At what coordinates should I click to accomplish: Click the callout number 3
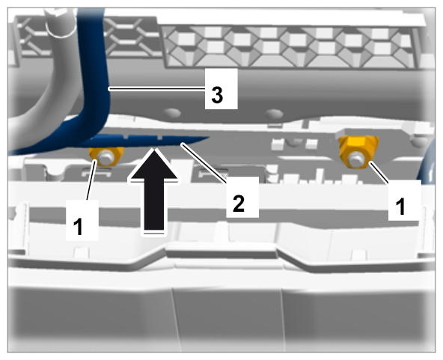point(217,95)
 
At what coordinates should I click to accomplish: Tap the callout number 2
point(239,204)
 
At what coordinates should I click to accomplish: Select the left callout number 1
point(79,226)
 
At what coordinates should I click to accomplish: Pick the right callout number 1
point(400,207)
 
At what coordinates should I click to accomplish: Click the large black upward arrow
point(154,192)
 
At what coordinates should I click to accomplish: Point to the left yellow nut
point(106,156)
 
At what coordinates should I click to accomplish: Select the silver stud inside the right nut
point(355,159)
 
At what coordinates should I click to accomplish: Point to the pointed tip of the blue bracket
point(209,138)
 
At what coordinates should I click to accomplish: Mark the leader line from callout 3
point(157,89)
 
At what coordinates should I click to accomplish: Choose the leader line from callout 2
point(204,161)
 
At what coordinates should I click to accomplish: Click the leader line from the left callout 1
point(92,180)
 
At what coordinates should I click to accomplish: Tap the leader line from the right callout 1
point(380,173)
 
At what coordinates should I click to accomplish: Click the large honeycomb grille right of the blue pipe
point(291,46)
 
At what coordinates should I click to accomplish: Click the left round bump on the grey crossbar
point(173,113)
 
